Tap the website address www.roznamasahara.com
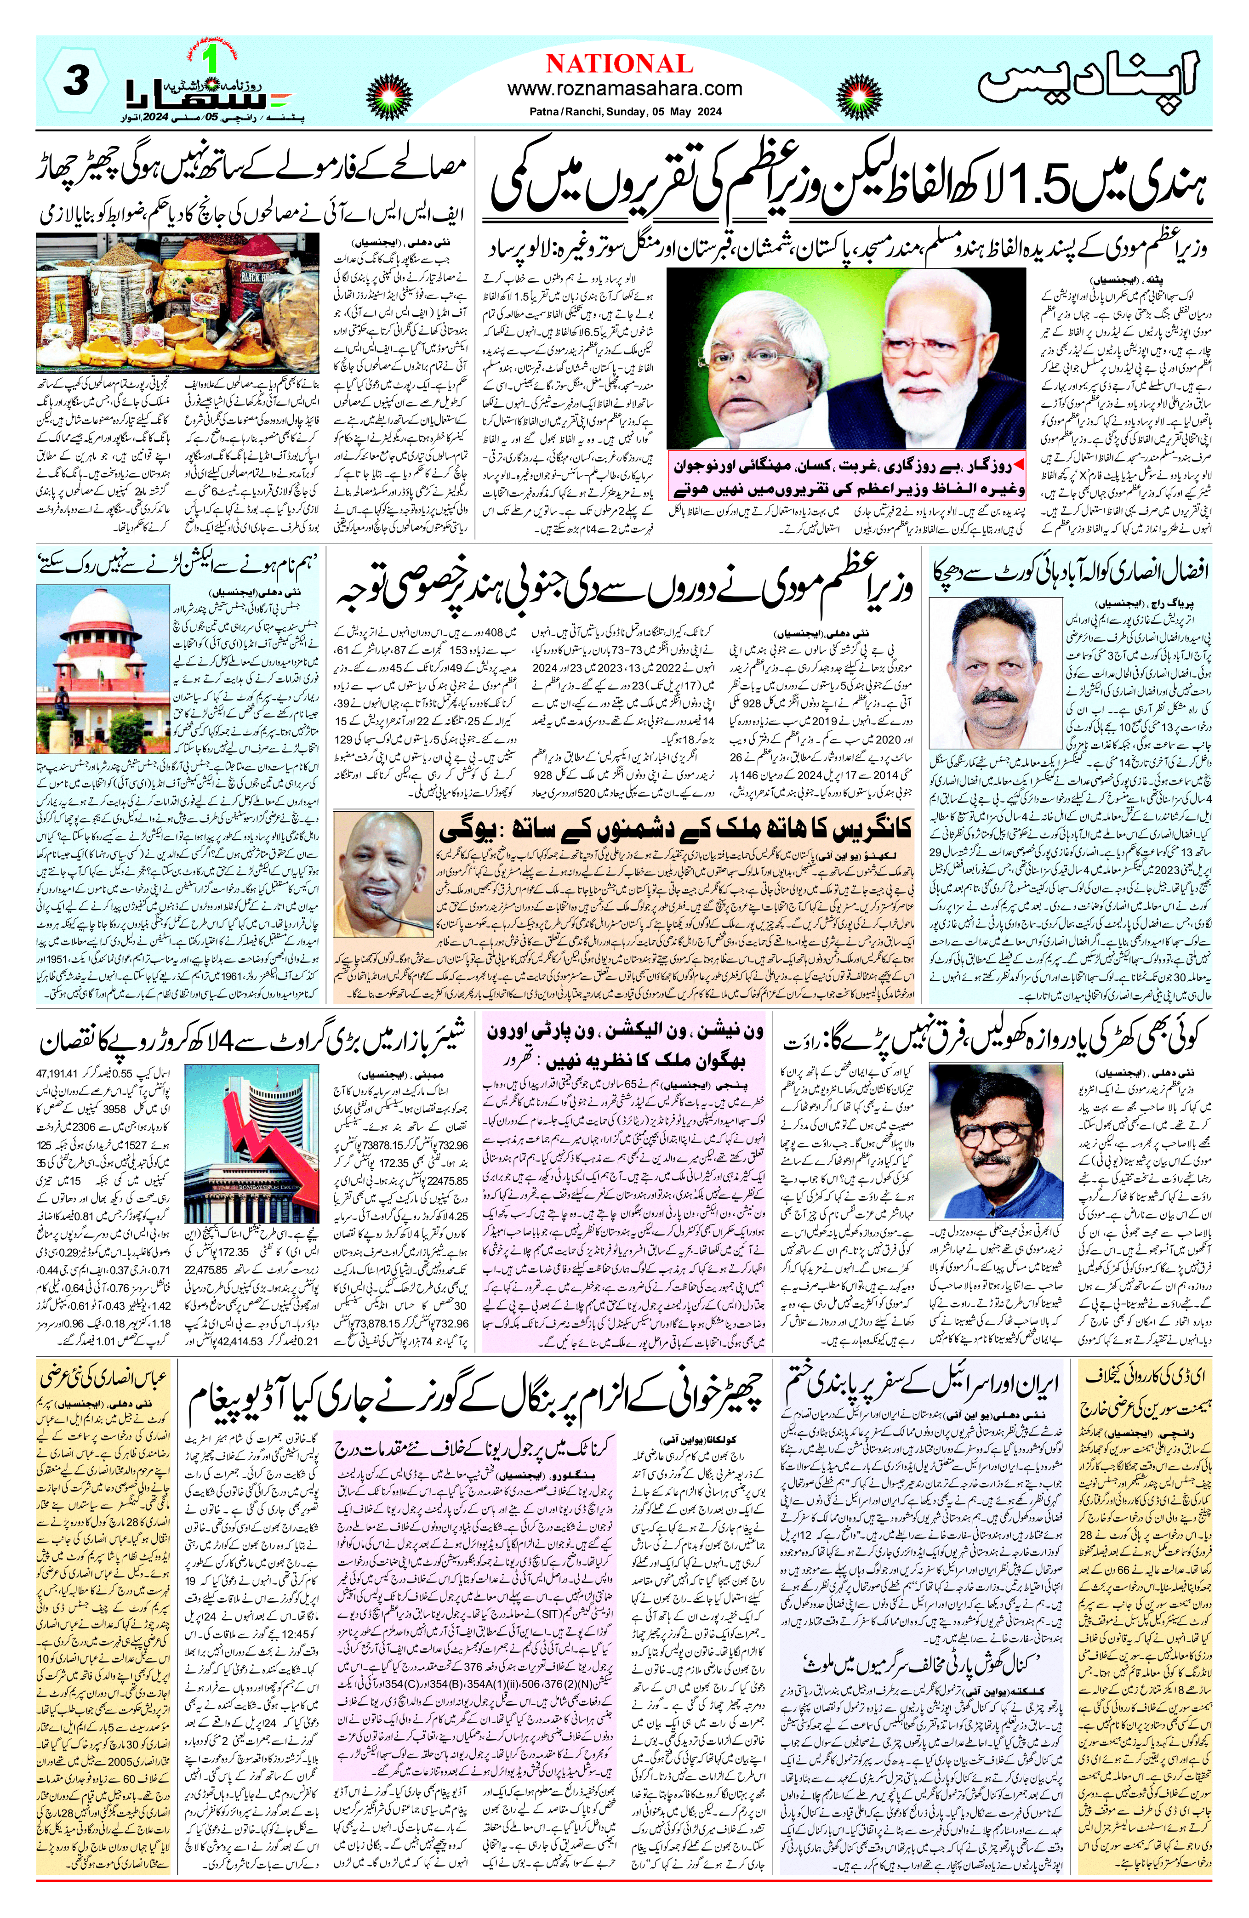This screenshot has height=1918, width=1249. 624,89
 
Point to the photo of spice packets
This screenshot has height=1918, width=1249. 178,302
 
